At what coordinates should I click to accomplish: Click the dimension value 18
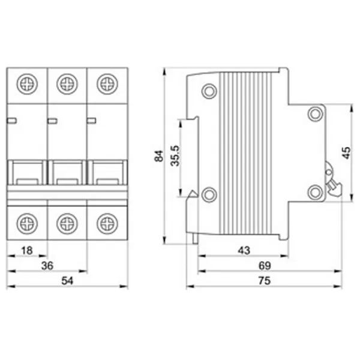pos(27,250)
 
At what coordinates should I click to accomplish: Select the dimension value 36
pos(47,265)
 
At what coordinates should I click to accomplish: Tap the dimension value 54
pos(67,281)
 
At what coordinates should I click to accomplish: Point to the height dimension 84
pos(159,156)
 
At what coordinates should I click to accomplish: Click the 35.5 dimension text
pos(175,155)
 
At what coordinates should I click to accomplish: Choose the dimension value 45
pos(346,152)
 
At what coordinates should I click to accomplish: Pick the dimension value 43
pos(244,250)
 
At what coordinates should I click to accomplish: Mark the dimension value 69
pos(265,265)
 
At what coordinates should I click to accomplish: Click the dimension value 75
pos(265,281)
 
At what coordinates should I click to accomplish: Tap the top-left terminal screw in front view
pos(27,84)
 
